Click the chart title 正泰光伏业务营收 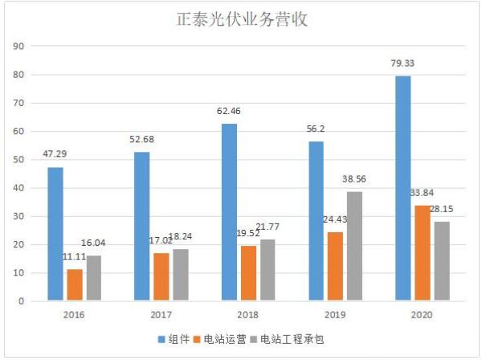point(241,20)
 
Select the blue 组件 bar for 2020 point(403,188)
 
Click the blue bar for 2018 point(230,212)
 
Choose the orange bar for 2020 point(422,253)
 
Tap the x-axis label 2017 point(162,315)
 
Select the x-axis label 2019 point(336,315)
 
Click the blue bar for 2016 point(55,234)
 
